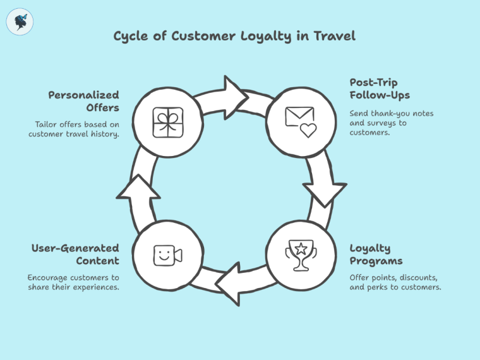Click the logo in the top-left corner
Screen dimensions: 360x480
coord(20,21)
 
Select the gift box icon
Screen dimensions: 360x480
coord(167,122)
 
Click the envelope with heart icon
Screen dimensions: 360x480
coord(300,121)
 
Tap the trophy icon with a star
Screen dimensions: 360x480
coord(300,255)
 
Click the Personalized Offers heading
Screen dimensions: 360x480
coord(84,101)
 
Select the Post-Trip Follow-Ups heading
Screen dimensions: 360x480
coord(380,89)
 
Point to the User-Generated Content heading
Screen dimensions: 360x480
coord(75,255)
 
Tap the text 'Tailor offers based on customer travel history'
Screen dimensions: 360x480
coord(74,129)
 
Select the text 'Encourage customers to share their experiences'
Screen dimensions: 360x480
coord(73,282)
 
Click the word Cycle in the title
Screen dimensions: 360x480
coord(131,36)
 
